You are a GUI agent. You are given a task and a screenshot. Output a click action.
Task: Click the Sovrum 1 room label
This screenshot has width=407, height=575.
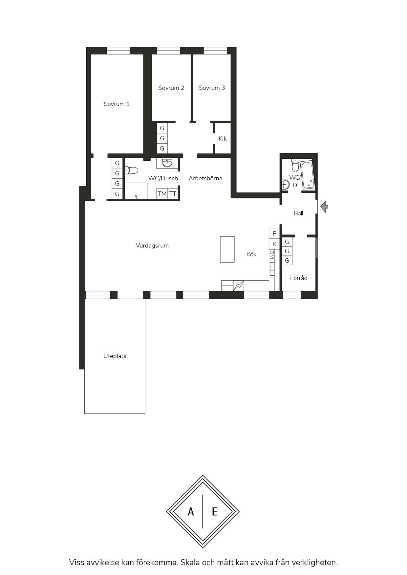coord(117,104)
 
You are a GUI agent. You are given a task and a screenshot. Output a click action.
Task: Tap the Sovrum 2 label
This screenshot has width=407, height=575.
coord(171,88)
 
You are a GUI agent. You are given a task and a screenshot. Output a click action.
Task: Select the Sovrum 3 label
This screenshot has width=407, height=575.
coord(212,88)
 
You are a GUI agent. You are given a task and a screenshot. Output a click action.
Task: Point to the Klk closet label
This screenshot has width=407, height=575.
coord(223,139)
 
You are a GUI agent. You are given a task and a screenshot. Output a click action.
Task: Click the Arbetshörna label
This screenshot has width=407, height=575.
coord(205,178)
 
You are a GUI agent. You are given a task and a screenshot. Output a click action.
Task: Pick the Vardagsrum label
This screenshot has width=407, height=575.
coord(152,246)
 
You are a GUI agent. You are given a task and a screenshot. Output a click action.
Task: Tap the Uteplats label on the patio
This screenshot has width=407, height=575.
coord(115,356)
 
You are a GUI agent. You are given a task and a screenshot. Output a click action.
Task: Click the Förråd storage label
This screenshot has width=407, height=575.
coord(299,278)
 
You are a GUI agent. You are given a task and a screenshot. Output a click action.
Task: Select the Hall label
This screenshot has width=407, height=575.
coord(298,213)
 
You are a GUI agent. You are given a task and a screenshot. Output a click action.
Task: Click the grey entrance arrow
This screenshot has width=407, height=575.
coord(324,207)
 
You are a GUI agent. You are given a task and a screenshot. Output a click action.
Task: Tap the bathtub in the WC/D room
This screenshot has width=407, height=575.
coord(308,175)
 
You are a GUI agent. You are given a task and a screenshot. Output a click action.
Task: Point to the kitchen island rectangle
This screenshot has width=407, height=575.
coord(227,249)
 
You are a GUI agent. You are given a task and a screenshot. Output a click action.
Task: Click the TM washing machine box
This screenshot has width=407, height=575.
coord(162,194)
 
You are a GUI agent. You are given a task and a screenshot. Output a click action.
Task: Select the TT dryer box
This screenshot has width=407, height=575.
coord(173,194)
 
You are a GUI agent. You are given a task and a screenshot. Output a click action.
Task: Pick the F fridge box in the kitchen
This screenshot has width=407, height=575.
coord(274,233)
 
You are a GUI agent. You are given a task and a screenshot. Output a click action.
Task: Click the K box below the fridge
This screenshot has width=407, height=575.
coord(274,244)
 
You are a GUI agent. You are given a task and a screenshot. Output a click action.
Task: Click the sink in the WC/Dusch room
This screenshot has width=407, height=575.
coord(167,163)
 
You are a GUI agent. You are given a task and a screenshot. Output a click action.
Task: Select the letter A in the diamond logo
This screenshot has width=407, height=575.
coord(191,511)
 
